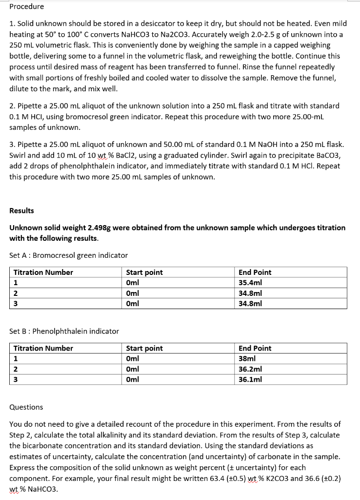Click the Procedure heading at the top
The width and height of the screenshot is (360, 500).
(x=26, y=6)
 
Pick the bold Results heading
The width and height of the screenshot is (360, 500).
(x=21, y=210)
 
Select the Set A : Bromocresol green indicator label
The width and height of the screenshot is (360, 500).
(x=68, y=255)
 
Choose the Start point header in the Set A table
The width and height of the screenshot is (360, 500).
(x=144, y=272)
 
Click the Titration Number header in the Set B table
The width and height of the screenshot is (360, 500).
(x=43, y=348)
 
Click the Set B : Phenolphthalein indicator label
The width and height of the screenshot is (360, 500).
(x=64, y=331)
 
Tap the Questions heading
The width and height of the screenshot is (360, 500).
(x=26, y=407)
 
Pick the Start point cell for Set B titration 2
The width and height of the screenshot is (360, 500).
(x=133, y=369)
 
